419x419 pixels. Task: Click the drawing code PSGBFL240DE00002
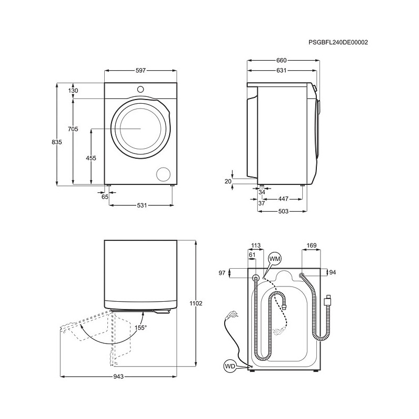pos(338,42)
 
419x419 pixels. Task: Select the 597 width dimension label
pos(140,71)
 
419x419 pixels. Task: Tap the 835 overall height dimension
pos(57,142)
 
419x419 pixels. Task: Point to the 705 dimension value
pos(73,129)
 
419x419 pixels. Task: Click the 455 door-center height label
pos(91,158)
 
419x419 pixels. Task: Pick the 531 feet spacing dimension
pos(142,205)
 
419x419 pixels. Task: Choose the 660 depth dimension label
pos(281,60)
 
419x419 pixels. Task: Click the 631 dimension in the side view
pos(281,70)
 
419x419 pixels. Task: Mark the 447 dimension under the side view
pos(283,199)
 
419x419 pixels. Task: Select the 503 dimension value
pos(283,211)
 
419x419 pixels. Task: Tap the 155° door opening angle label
pos(141,328)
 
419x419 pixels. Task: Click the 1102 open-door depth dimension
pos(196,303)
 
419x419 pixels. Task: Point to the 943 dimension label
pos(118,377)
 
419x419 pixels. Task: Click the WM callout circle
pos(274,259)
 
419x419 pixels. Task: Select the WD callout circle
pos(230,366)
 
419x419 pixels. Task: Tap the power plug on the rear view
pos(230,315)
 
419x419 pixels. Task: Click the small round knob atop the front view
pos(140,90)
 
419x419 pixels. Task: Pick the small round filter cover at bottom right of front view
pos(163,174)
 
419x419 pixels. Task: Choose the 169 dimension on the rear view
pos(312,245)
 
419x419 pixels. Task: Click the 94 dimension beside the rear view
pos(333,272)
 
